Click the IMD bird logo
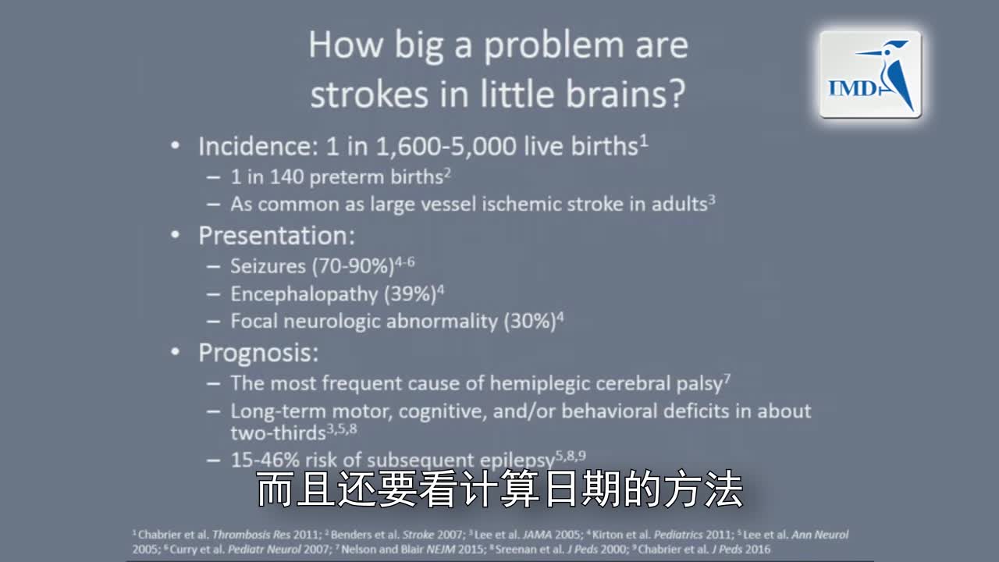pyautogui.click(x=870, y=75)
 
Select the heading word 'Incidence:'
pyautogui.click(x=253, y=146)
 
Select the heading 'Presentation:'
pyautogui.click(x=276, y=236)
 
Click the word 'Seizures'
pyautogui.click(x=268, y=266)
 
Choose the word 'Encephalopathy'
pyautogui.click(x=303, y=294)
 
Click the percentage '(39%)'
pyautogui.click(x=409, y=294)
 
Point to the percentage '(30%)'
pyautogui.click(x=529, y=321)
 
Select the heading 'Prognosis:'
pyautogui.click(x=258, y=353)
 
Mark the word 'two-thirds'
pyautogui.click(x=277, y=432)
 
